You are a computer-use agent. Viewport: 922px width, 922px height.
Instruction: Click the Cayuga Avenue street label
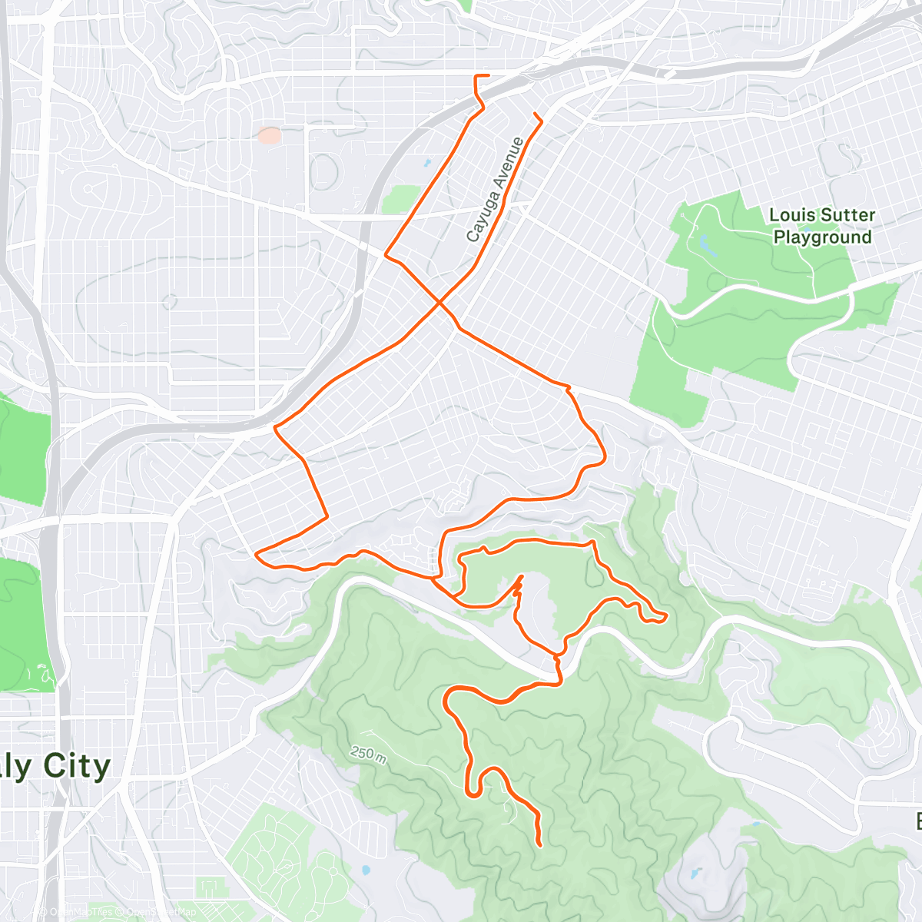point(496,189)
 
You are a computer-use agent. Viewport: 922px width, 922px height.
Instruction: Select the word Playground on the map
point(822,237)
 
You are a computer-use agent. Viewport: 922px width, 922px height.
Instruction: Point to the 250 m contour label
point(369,754)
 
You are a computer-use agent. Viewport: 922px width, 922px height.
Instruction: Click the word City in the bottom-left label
point(77,766)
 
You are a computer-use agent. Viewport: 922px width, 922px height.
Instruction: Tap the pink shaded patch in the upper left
point(269,136)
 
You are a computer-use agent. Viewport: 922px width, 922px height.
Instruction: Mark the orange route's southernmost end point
point(539,845)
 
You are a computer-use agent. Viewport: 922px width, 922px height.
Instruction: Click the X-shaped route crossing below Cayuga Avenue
point(439,303)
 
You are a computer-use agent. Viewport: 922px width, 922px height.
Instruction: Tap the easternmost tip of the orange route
point(665,616)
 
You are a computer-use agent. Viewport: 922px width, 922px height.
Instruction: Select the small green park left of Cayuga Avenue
point(401,198)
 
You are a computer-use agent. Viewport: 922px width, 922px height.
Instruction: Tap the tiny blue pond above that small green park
point(427,163)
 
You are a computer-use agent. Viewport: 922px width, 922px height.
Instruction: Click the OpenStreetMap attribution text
point(161,912)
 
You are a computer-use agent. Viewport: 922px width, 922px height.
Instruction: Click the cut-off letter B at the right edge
point(917,821)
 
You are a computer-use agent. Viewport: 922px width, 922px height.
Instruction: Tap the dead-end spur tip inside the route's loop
point(522,575)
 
